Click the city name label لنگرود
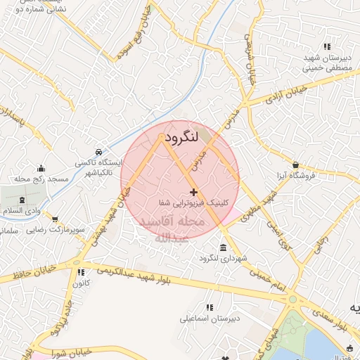(x=182, y=136)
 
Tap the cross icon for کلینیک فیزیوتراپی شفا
(x=193, y=192)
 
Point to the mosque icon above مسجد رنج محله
(x=41, y=168)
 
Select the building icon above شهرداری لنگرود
(x=223, y=248)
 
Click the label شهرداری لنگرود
(x=224, y=259)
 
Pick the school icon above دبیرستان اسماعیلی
(x=209, y=307)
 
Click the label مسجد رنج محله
(x=41, y=179)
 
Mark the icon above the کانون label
(x=81, y=272)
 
